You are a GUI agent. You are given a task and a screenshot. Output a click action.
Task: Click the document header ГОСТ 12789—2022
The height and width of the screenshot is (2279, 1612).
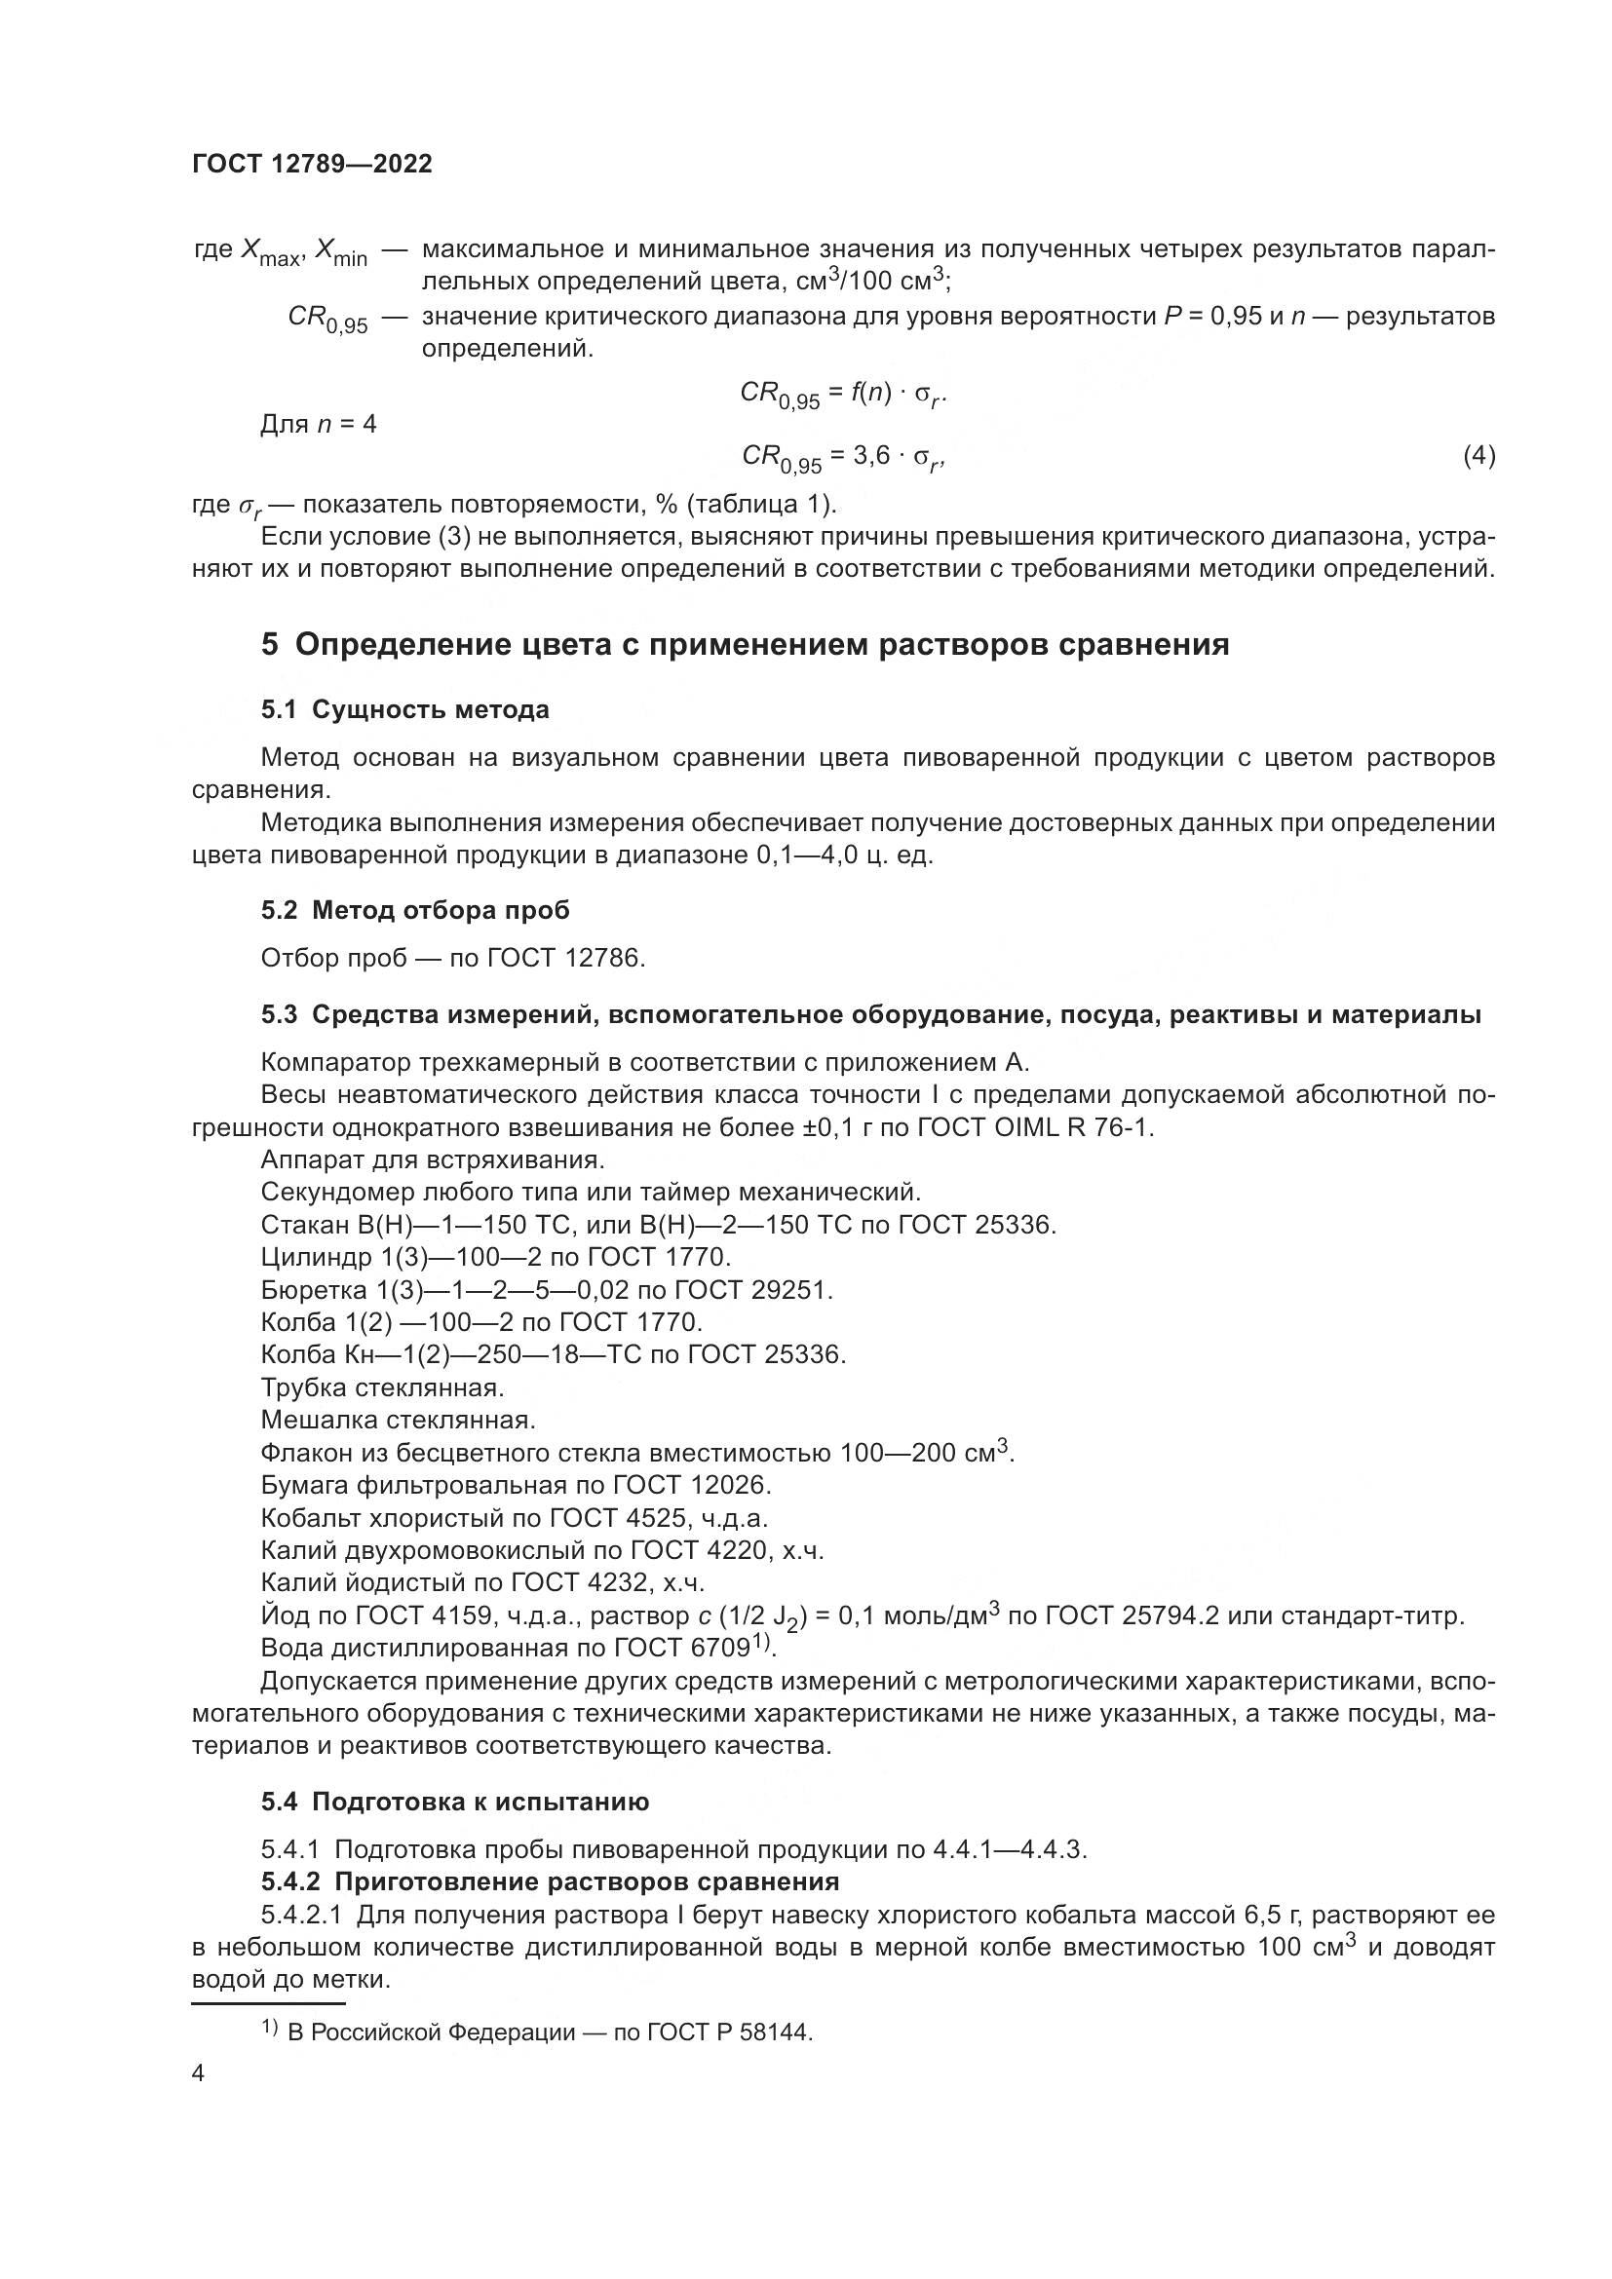tap(312, 165)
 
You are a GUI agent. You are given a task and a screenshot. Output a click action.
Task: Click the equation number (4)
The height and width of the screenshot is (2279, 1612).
tap(1478, 456)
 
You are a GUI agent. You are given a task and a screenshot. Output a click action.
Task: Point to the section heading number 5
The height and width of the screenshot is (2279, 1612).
tap(270, 645)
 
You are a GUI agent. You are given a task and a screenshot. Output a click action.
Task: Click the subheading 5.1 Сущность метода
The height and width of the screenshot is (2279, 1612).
tap(405, 709)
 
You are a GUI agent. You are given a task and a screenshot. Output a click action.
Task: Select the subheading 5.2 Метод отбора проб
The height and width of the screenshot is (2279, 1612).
tap(415, 910)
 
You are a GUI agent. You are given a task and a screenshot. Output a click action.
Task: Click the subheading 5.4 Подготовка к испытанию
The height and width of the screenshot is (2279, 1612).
tap(454, 1803)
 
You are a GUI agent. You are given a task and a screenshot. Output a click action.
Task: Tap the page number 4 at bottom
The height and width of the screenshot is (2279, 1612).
tap(198, 2074)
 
